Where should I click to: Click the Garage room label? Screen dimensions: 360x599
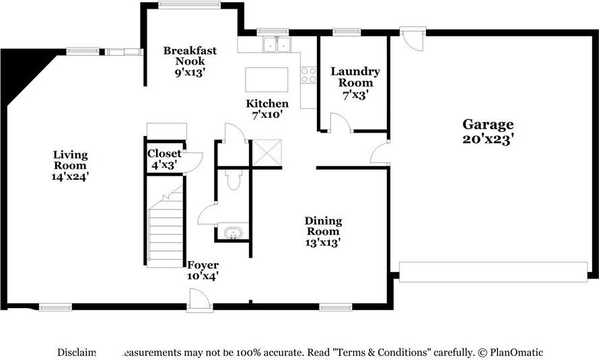tap(488, 124)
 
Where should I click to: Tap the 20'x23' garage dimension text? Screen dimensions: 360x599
tap(488, 139)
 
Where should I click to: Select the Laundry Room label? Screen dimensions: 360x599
tap(355, 77)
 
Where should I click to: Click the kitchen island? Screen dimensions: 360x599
tap(267, 79)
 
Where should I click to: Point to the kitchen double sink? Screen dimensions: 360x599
tap(277, 44)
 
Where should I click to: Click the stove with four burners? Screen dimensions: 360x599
tap(308, 75)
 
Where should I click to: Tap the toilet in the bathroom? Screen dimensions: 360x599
tap(233, 180)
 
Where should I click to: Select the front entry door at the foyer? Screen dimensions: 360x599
tap(200, 300)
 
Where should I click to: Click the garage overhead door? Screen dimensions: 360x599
tap(493, 272)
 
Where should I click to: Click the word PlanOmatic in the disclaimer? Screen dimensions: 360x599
tap(516, 352)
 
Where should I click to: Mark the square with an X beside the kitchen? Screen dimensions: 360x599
tap(266, 153)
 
